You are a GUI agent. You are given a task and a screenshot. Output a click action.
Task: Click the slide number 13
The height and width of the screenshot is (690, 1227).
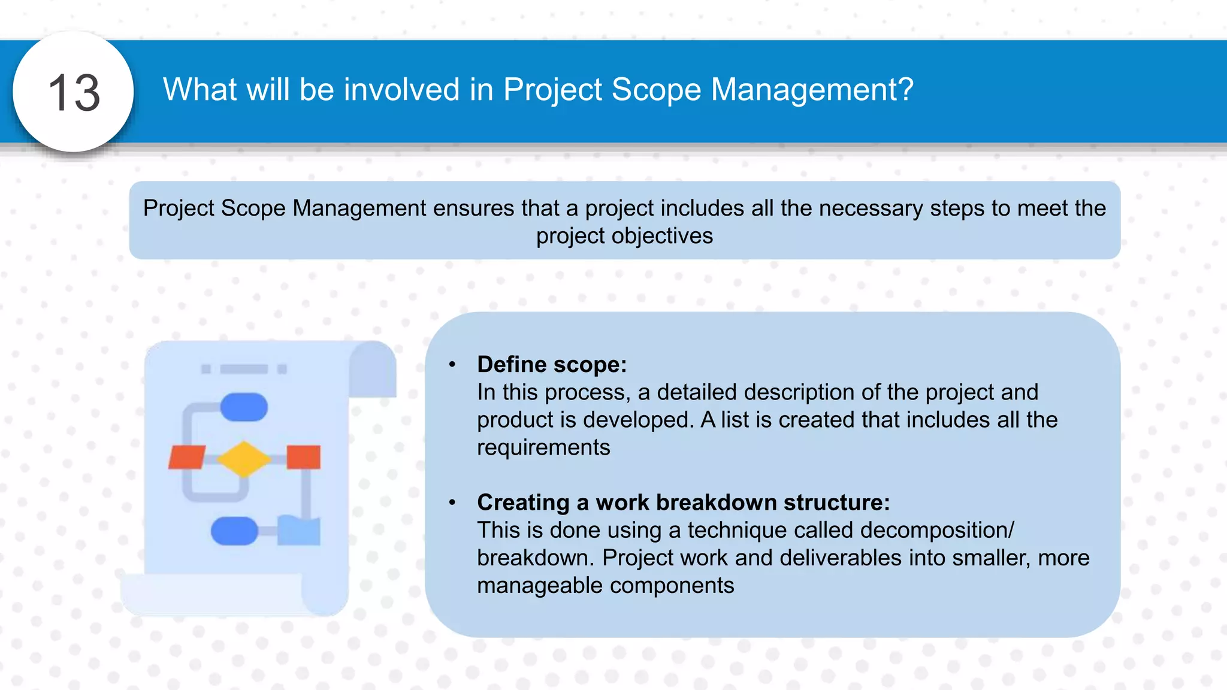click(x=74, y=93)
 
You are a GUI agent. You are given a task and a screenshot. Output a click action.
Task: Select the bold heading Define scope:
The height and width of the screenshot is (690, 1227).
click(x=551, y=364)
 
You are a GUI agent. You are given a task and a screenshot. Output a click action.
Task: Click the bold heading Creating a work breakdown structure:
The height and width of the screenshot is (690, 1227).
click(x=683, y=502)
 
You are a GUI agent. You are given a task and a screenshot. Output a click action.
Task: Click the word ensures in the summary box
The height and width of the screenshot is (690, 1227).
click(x=473, y=208)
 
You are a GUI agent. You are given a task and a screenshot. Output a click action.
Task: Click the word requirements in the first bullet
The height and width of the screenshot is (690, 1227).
click(x=543, y=447)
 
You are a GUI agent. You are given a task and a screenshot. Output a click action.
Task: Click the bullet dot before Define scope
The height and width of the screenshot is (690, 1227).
click(x=452, y=364)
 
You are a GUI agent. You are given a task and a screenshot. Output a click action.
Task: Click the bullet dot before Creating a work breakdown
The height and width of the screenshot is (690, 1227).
click(x=452, y=502)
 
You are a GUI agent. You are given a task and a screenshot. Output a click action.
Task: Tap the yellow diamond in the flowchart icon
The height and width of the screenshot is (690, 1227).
click(x=244, y=459)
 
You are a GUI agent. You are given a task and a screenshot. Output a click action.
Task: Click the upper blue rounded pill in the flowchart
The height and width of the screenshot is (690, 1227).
click(x=244, y=407)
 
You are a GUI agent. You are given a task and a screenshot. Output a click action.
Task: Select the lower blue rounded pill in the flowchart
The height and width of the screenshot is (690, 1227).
click(x=234, y=531)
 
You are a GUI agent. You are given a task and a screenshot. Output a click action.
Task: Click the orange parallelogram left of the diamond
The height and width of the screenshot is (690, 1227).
click(x=187, y=457)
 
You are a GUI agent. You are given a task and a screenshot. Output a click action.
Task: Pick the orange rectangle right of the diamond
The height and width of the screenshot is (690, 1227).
click(x=303, y=457)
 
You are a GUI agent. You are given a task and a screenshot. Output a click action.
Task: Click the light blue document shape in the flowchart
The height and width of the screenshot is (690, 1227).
click(x=298, y=531)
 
